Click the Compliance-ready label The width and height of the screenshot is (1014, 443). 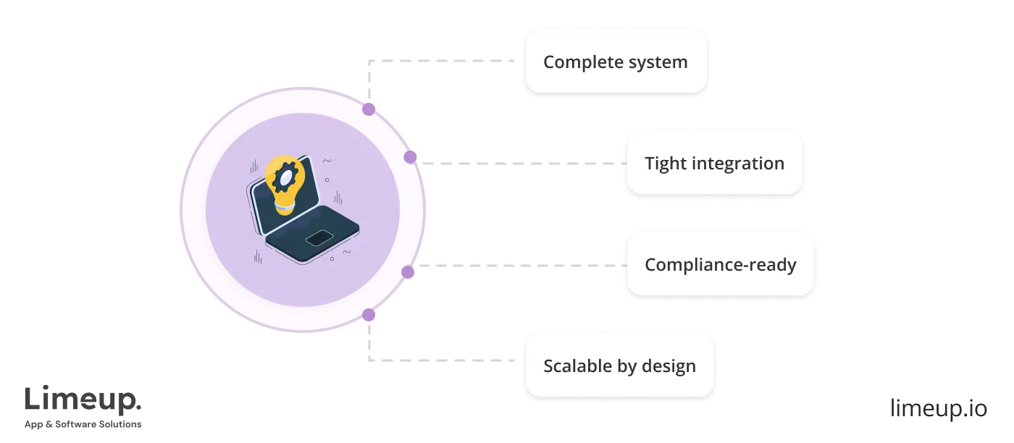coord(720,265)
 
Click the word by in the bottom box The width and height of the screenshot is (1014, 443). coord(627,366)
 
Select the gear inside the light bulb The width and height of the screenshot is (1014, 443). coord(284,175)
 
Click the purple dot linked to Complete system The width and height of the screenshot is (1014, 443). coord(369,109)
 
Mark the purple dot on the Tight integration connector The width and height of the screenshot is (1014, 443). coord(410,157)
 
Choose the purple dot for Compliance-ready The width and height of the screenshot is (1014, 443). coord(408,272)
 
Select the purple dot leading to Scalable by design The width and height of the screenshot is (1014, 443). coord(369,315)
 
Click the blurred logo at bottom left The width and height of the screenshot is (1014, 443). coord(83,405)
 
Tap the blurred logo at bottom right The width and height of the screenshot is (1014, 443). coord(937,405)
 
